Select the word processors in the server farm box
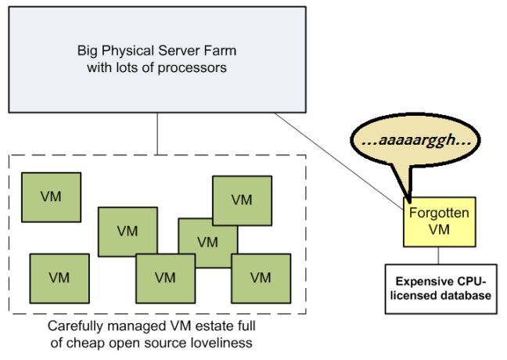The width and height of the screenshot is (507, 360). pyautogui.click(x=196, y=67)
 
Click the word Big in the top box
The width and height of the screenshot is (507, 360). pyautogui.click(x=87, y=52)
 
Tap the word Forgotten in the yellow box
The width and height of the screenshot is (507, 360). pyautogui.click(x=429, y=212)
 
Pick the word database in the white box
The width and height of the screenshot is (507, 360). pyautogui.click(x=467, y=295)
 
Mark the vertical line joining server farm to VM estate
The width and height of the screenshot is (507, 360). pyautogui.click(x=158, y=133)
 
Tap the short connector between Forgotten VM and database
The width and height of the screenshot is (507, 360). pyautogui.click(x=437, y=255)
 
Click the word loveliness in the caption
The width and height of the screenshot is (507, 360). pyautogui.click(x=224, y=342)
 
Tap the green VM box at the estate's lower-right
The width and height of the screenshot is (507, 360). pyautogui.click(x=261, y=279)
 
